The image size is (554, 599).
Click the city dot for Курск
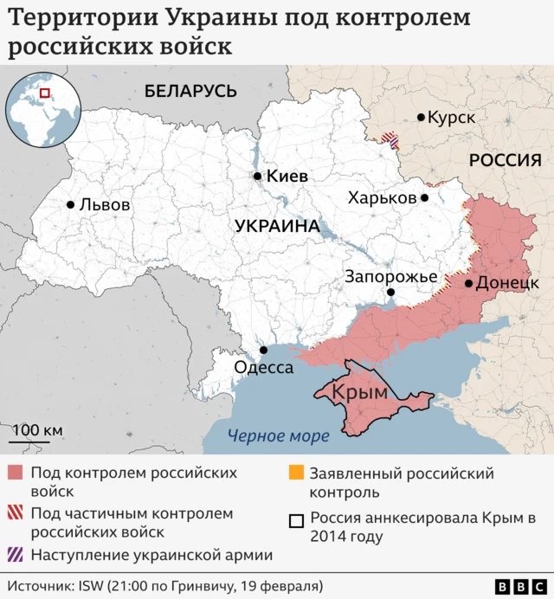tap(421, 117)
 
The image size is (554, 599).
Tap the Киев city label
tap(287, 176)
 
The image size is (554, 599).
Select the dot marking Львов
tap(70, 205)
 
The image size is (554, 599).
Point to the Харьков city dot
tap(424, 197)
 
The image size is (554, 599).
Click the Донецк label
tap(507, 283)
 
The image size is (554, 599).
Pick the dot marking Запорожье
tap(390, 293)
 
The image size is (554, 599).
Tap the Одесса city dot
tap(264, 351)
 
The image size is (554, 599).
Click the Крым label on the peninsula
tap(359, 391)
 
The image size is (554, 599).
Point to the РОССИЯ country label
tap(505, 160)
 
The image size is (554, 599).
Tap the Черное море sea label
tap(277, 436)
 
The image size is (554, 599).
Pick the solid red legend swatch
tap(16, 473)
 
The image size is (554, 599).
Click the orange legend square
tap(296, 473)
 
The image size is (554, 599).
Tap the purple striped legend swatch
tap(16, 555)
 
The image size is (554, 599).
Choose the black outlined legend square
tap(296, 519)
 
